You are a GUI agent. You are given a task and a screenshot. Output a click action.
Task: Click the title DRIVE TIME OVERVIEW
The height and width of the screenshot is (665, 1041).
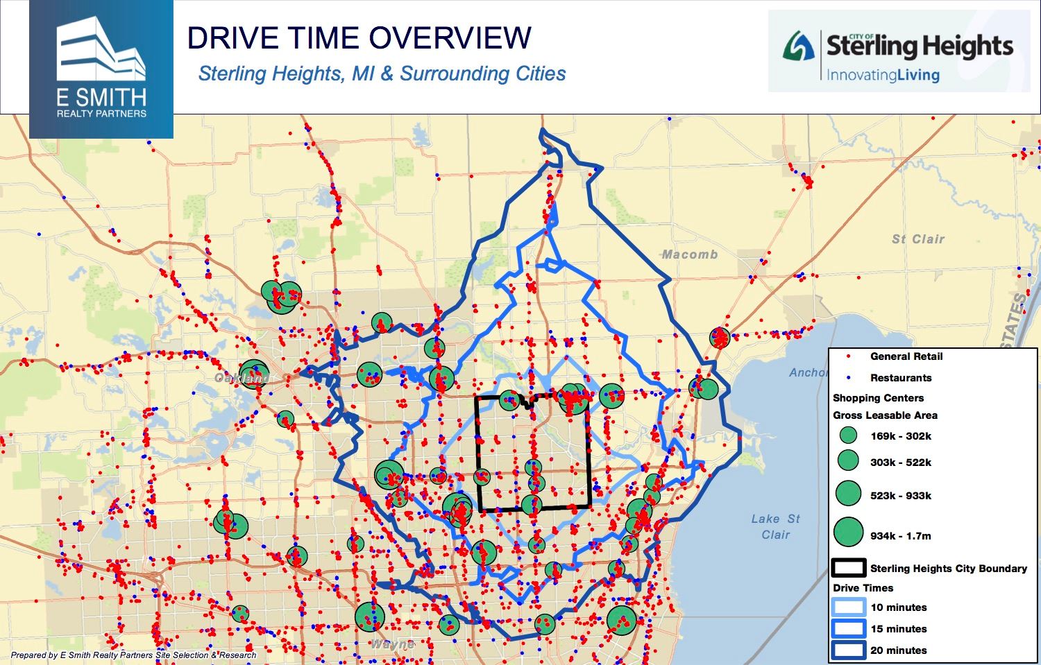click(x=359, y=37)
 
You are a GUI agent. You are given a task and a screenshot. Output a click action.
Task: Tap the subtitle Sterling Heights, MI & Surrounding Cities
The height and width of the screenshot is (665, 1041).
click(x=382, y=74)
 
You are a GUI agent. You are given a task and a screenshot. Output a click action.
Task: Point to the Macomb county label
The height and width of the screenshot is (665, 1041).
click(x=689, y=254)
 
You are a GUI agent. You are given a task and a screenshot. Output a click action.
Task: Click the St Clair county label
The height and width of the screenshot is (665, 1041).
click(x=918, y=239)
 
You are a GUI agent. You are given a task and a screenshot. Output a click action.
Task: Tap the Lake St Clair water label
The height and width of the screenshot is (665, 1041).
click(x=775, y=526)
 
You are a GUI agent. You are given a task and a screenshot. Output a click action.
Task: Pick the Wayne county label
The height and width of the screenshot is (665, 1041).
click(x=392, y=644)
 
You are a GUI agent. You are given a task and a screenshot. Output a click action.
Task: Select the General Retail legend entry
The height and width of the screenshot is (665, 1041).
click(x=906, y=356)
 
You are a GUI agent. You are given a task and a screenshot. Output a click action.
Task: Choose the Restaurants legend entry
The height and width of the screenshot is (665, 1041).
click(x=900, y=378)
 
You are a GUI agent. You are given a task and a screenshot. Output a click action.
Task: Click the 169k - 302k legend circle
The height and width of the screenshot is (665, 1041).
click(x=848, y=436)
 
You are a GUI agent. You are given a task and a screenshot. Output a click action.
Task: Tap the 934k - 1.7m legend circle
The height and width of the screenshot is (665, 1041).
click(x=848, y=533)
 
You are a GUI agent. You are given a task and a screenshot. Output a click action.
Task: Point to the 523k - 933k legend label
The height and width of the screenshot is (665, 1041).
click(x=900, y=496)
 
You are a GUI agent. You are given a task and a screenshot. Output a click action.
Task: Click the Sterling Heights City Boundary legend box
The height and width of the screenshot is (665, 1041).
click(x=848, y=568)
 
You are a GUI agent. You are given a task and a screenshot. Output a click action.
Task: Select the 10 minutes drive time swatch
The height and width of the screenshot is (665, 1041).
click(x=848, y=607)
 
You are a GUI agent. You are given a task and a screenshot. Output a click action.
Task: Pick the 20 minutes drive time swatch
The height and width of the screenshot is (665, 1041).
click(x=848, y=650)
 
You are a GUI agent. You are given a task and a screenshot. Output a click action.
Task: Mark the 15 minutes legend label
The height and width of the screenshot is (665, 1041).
click(x=898, y=629)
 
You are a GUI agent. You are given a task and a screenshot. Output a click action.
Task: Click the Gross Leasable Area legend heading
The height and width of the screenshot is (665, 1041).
click(x=885, y=415)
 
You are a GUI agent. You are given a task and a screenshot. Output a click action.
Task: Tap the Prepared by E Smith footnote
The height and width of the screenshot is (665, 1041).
click(x=133, y=655)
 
